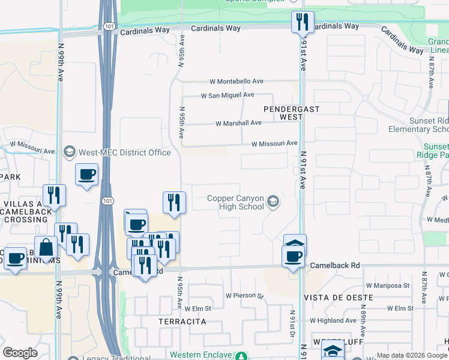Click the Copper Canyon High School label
pyautogui.click(x=235, y=202)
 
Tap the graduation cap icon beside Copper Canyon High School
pyautogui.click(x=274, y=202)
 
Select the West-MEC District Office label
pyautogui.click(x=126, y=152)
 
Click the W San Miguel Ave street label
pyautogui.click(x=227, y=95)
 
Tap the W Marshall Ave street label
pyautogui.click(x=239, y=123)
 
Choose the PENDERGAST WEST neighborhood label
pyautogui.click(x=292, y=113)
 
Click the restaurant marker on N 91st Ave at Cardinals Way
pyautogui.click(x=302, y=22)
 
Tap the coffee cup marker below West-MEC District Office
pyautogui.click(x=87, y=174)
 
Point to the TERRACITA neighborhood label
pyautogui.click(x=182, y=322)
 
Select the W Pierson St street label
pyautogui.click(x=244, y=295)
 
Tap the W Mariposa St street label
pyautogui.click(x=390, y=286)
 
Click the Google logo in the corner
pyautogui.click(x=20, y=353)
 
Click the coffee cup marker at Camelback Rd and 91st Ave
pyautogui.click(x=294, y=257)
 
